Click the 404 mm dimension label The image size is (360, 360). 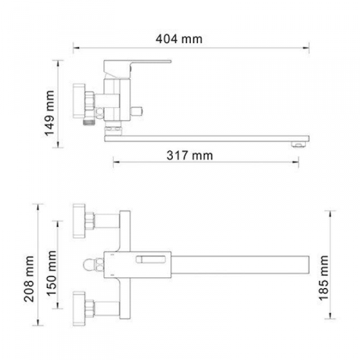179,39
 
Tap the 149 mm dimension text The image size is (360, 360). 50,113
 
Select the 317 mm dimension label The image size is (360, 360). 190,155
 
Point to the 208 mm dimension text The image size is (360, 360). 29,279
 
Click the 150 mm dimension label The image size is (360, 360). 52,273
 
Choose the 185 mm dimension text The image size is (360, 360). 323,278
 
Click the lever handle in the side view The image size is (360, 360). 137,66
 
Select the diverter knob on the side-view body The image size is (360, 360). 137,112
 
